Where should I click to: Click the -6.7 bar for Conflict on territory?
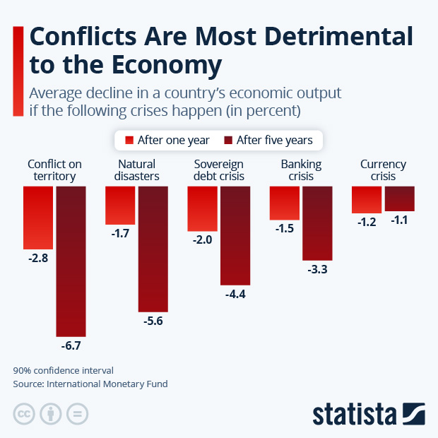coord(71,261)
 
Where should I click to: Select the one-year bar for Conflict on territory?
coord(38,218)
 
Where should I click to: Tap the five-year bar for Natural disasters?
coord(153,249)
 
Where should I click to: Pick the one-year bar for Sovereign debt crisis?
coord(202,208)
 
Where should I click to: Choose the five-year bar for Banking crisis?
coord(317,223)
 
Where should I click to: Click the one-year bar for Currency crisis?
coord(367,199)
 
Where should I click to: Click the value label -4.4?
coord(235,294)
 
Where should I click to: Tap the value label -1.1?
coord(400,220)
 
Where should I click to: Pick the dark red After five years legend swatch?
coord(228,140)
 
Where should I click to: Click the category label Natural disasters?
coord(136,170)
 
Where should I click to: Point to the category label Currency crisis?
coord(383,170)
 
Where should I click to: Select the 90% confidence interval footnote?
coord(63,370)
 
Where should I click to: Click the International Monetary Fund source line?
coord(90,384)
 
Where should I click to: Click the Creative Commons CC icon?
coord(24,414)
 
